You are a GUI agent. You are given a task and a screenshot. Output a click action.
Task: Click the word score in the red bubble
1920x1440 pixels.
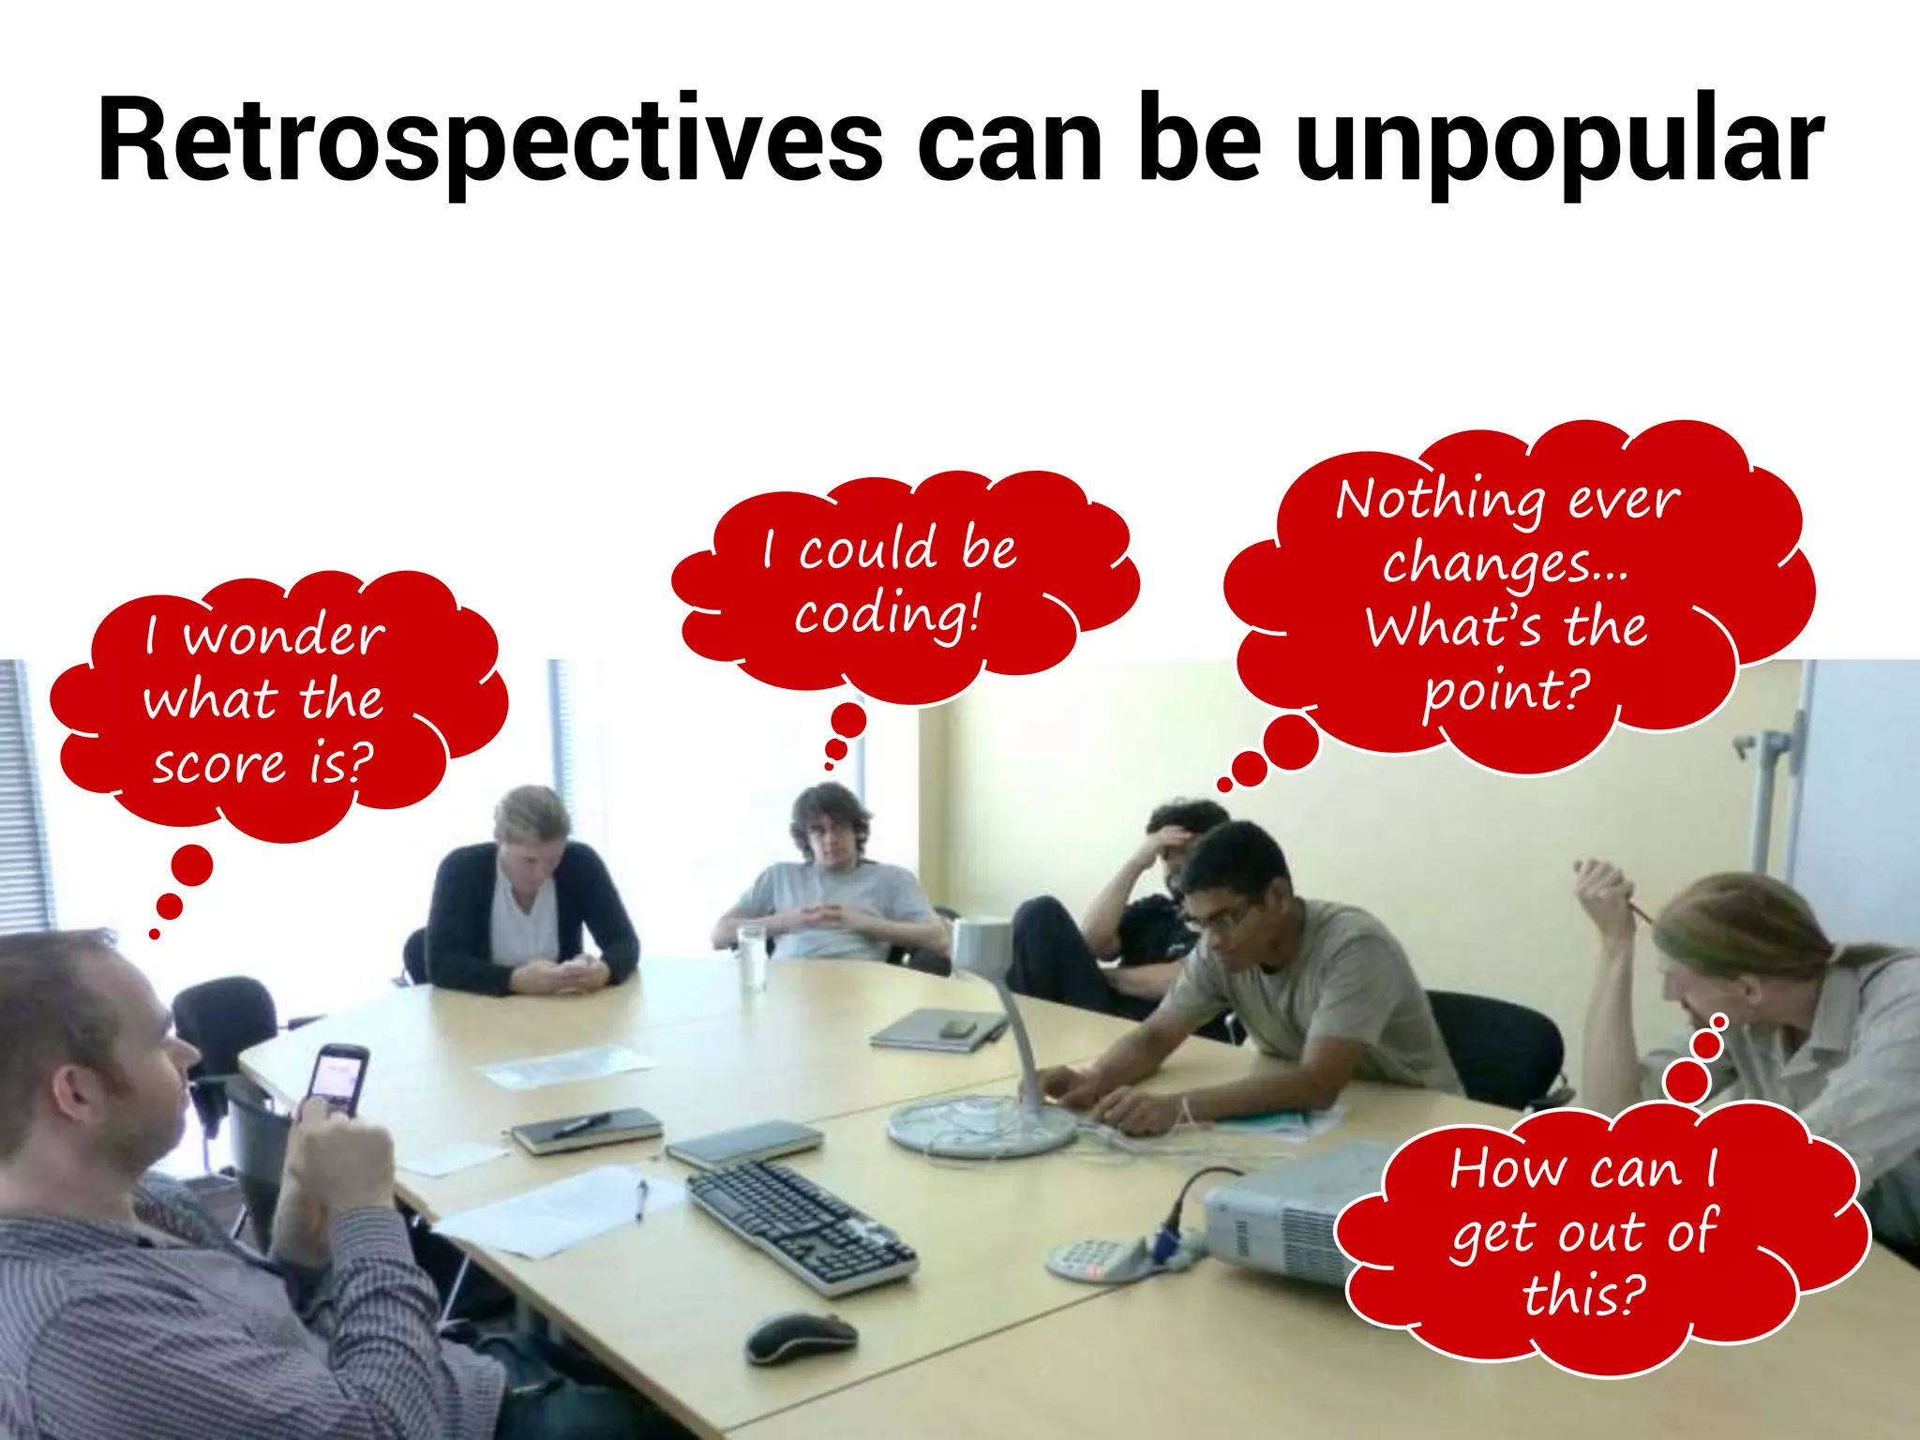pos(218,764)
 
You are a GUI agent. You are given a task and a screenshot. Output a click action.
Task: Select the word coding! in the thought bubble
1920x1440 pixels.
pos(887,615)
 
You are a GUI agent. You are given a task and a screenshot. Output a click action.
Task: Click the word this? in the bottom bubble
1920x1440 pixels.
pos(1584,1296)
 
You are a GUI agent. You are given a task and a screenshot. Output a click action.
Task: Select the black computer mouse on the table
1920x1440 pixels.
pos(802,1337)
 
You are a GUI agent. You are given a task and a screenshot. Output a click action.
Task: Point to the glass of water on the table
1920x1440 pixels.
pos(751,956)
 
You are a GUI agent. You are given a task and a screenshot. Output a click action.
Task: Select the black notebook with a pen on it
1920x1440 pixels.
pos(586,1129)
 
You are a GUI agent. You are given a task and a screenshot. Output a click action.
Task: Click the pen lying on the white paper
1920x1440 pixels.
pos(641,1199)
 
